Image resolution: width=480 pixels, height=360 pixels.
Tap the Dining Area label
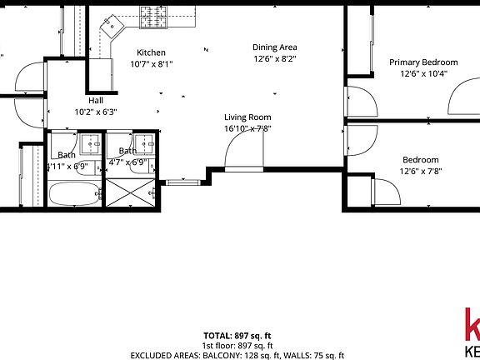275,47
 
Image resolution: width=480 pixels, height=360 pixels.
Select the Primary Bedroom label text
423,62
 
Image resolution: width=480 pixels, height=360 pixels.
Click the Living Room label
247,117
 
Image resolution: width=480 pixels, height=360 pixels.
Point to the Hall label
96,100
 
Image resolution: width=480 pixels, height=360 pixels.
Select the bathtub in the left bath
73,195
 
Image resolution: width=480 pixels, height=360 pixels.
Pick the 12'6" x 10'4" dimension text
423,73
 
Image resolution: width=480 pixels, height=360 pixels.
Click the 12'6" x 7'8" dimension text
420,172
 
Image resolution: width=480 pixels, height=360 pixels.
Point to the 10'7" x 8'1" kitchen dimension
151,63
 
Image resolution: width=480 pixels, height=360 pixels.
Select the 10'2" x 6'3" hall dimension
96,111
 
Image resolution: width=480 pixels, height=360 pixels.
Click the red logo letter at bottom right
471,325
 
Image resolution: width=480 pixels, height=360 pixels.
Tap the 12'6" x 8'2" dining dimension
275,59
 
